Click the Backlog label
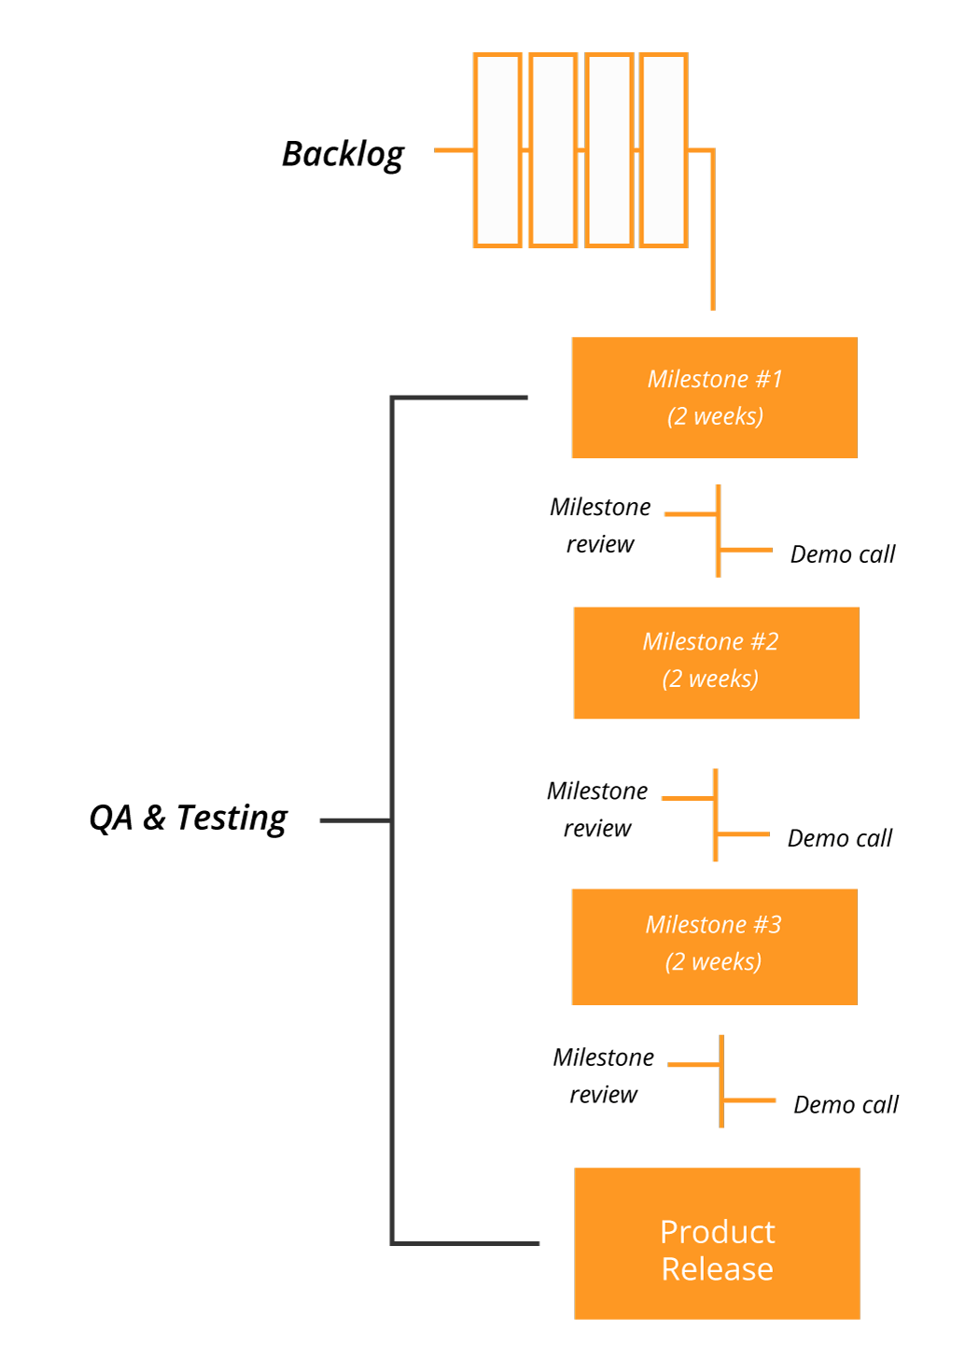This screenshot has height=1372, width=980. pos(343,154)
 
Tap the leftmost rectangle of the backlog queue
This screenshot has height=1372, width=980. pos(497,150)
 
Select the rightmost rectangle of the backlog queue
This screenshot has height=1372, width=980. pos(664,150)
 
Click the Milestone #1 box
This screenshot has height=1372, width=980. pos(714,398)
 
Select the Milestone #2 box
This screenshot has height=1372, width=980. pos(716,663)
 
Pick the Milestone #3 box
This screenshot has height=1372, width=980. pos(714,946)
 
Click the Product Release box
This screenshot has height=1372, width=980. pos(717,1243)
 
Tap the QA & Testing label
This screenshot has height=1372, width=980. pos(188,818)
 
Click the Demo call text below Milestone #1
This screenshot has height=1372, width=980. pos(842,554)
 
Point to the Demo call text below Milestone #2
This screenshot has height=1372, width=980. pos(839,838)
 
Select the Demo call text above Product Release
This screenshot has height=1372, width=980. pos(845,1105)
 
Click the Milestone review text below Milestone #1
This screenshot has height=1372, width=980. pos(600,525)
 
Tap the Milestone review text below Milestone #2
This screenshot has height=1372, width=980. pos(597,809)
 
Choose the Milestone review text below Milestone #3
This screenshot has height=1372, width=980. pos(603,1075)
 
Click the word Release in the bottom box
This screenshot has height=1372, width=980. pos(717,1269)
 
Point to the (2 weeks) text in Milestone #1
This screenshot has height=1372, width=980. pos(715,416)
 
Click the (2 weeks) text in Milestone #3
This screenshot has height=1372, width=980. pos(713,962)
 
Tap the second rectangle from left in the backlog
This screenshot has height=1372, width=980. pos(553,150)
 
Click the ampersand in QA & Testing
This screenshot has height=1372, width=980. pos(154,818)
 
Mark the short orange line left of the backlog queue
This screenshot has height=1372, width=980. pos(454,149)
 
